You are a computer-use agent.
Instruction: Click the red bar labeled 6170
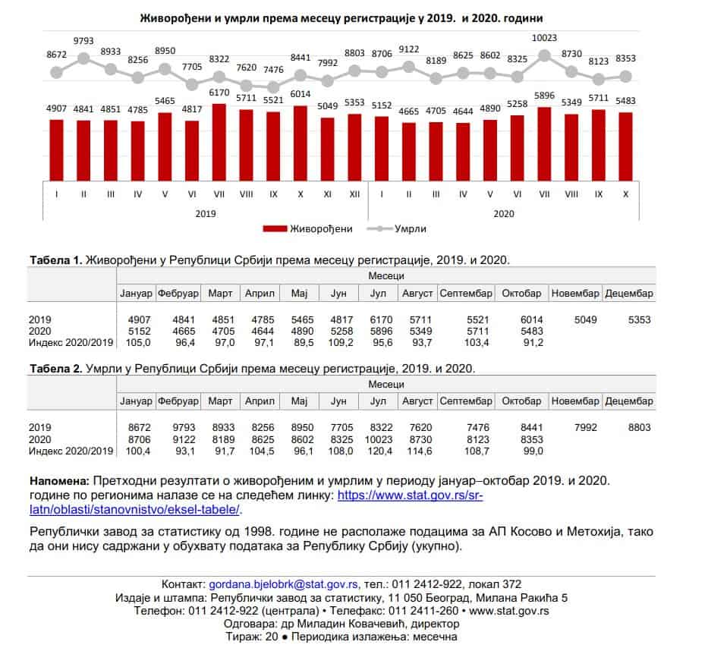tap(219, 140)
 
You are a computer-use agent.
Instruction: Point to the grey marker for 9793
tap(83, 58)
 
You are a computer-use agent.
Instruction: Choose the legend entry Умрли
tap(398, 228)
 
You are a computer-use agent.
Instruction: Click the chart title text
tap(342, 17)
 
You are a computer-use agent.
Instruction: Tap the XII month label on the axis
tap(354, 194)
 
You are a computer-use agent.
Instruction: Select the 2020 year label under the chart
tap(503, 213)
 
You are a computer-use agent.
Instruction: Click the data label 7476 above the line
tap(273, 69)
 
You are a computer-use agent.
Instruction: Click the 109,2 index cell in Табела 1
tap(339, 343)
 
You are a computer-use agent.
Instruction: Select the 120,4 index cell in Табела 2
tap(382, 451)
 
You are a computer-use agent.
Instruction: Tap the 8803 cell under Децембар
tap(639, 428)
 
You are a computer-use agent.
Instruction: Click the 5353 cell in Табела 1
tap(639, 320)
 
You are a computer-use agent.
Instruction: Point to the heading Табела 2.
tap(55, 369)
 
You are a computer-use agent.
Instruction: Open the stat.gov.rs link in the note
tap(410, 495)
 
